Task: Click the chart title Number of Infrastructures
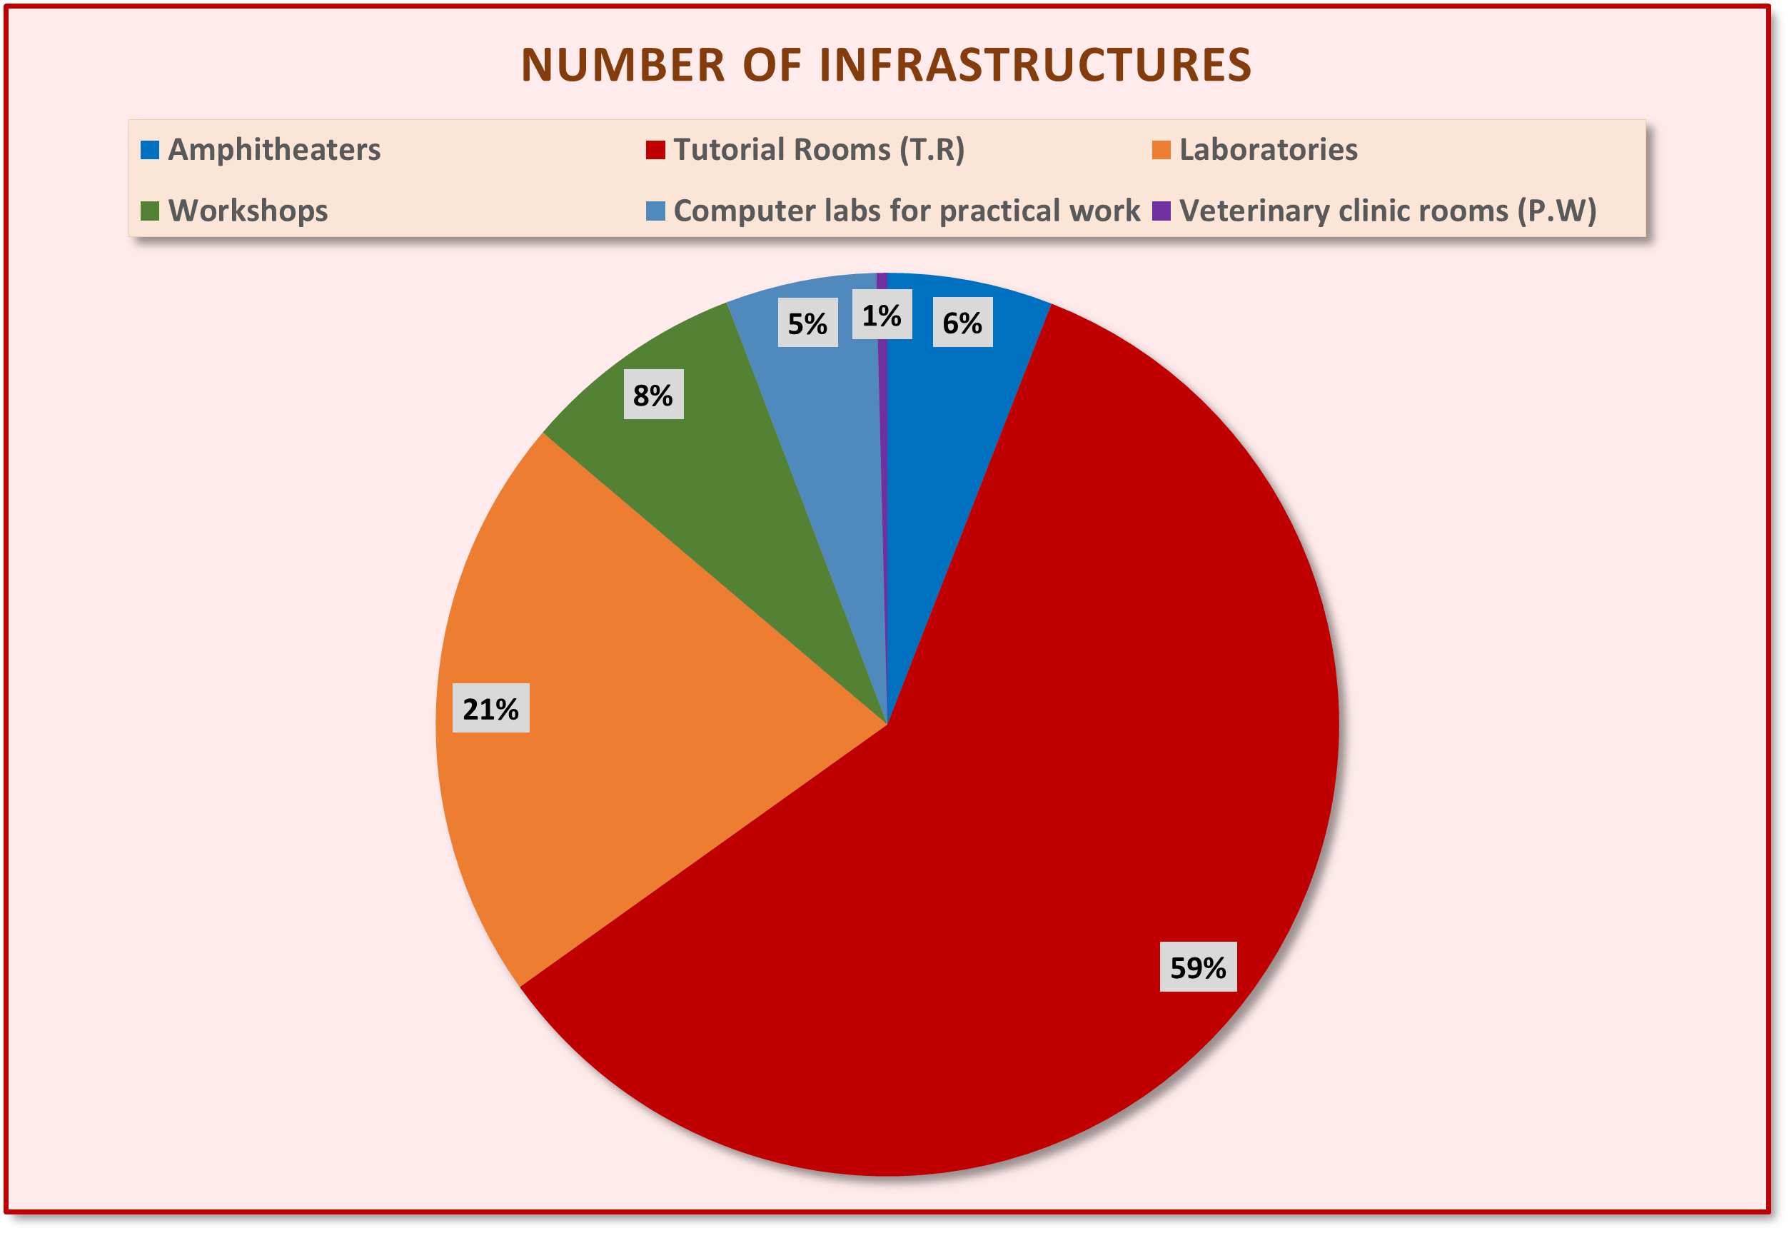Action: point(885,64)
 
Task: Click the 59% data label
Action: point(1197,967)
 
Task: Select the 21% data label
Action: point(490,708)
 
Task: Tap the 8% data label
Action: point(652,395)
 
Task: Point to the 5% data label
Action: point(807,323)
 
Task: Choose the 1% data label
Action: point(882,315)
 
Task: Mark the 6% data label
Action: point(962,322)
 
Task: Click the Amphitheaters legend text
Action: point(274,149)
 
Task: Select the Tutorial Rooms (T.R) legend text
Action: point(819,149)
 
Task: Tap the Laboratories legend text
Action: point(1268,149)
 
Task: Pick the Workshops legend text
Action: point(248,210)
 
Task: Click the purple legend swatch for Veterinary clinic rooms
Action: point(1161,210)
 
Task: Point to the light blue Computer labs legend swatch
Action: point(655,210)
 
